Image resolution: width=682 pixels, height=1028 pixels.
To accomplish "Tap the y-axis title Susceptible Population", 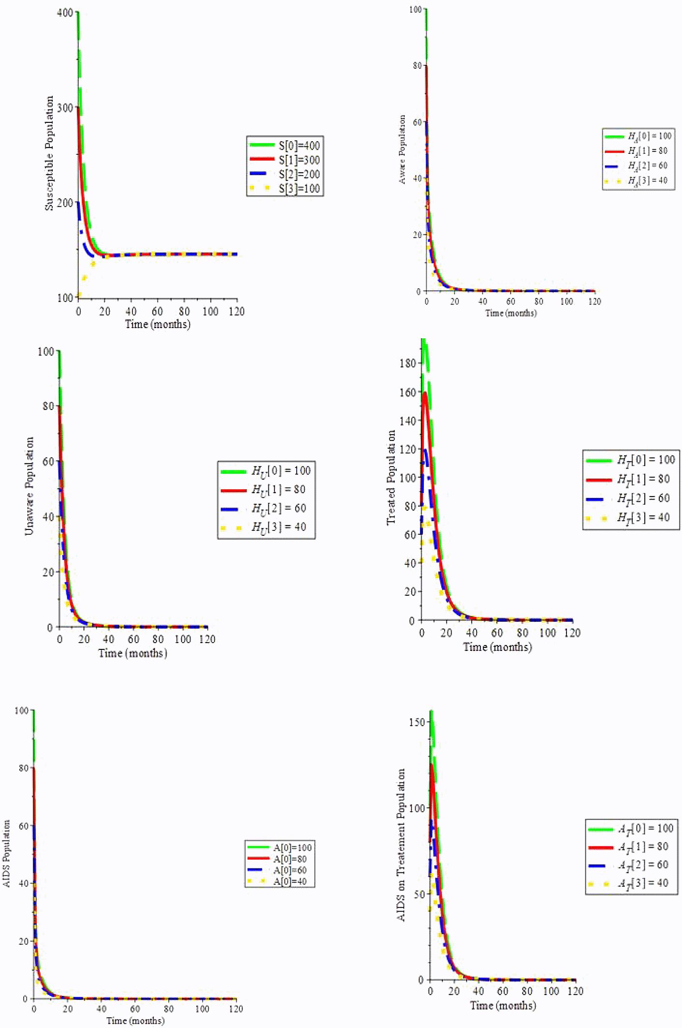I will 49,153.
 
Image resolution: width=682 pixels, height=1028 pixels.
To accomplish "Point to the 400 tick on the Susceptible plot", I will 65,13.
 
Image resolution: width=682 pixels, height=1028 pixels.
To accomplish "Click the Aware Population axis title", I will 402,149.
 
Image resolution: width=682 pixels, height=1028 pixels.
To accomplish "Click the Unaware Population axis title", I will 29,486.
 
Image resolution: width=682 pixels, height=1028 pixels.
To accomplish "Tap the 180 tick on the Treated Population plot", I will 407,363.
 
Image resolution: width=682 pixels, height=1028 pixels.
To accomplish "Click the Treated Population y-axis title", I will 391,478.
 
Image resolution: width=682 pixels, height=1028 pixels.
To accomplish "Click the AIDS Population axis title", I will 6,853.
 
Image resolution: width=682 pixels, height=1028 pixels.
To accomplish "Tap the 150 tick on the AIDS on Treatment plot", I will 416,722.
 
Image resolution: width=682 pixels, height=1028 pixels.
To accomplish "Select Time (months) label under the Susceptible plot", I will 158,324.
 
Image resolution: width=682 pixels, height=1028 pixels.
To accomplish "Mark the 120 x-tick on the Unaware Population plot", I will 207,639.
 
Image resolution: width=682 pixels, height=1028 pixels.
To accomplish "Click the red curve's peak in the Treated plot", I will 425,393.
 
